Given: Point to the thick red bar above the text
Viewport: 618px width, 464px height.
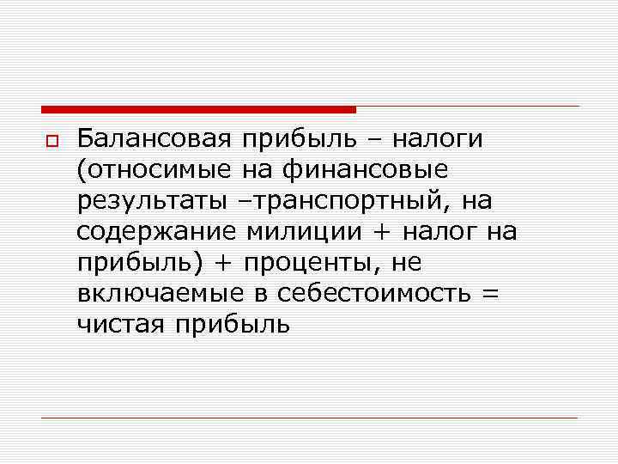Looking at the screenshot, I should coord(198,110).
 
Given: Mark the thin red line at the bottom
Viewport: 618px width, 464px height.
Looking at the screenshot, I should coord(309,418).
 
